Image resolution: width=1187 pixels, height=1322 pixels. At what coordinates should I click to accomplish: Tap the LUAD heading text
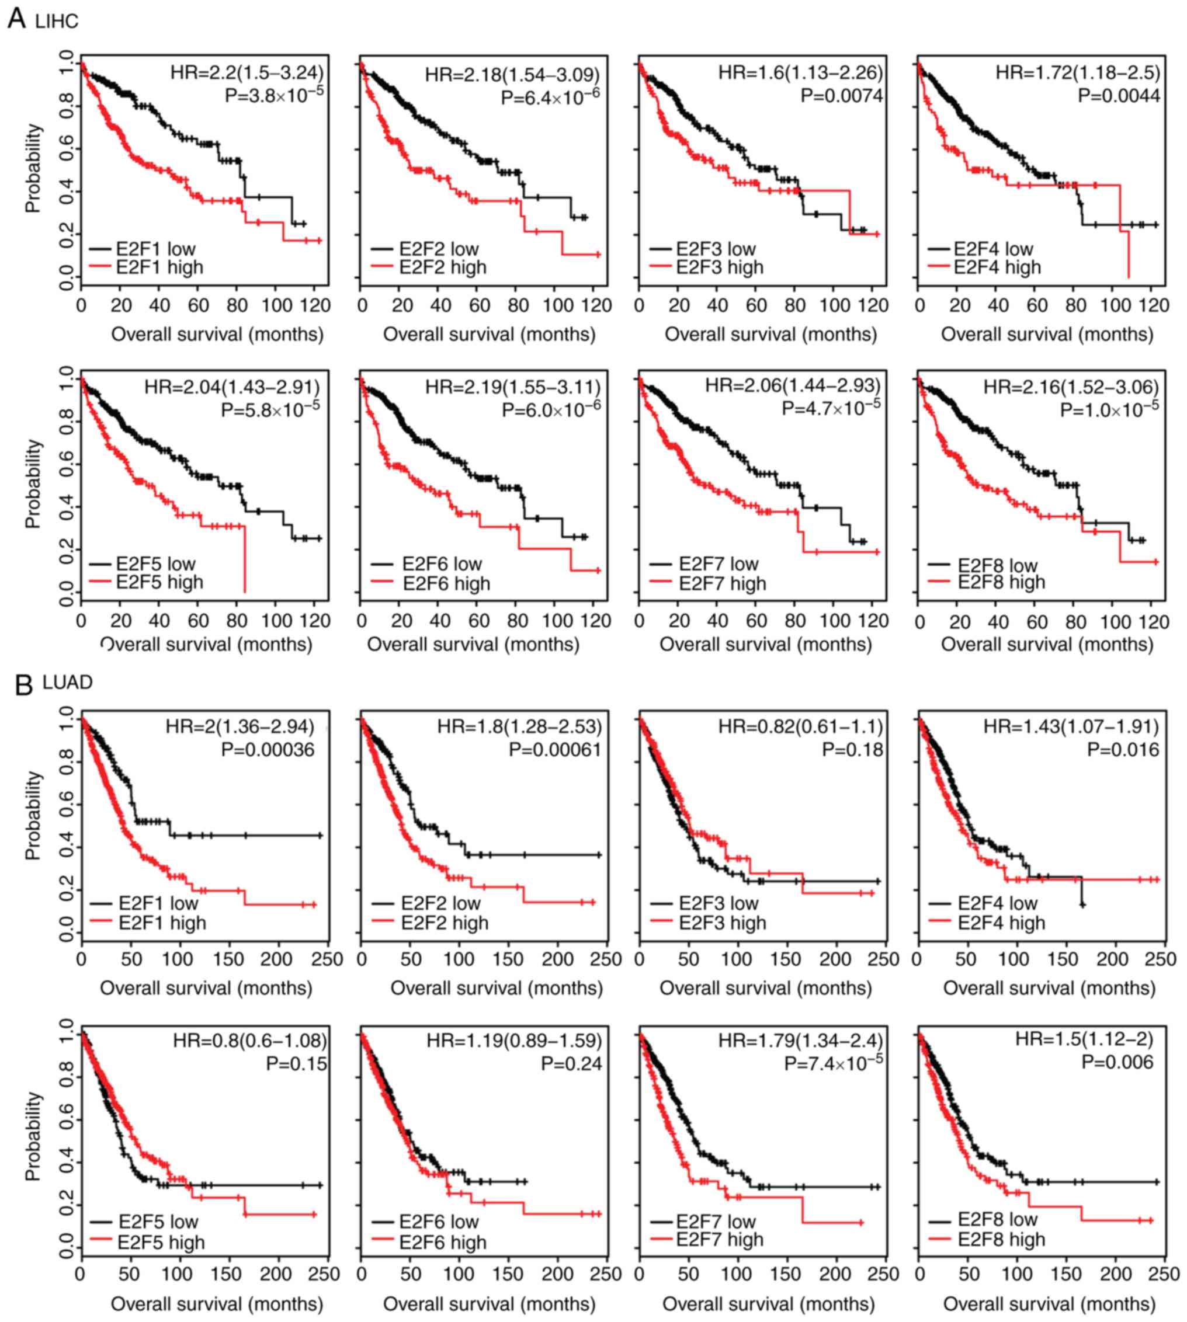68,683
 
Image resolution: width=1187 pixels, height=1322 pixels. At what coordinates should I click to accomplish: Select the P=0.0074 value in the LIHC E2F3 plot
842,96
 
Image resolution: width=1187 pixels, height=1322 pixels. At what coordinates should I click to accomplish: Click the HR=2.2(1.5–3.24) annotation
247,72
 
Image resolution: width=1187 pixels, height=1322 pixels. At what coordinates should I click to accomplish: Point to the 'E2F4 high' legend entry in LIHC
997,267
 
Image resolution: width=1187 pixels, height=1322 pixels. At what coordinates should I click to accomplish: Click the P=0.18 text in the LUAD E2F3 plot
852,750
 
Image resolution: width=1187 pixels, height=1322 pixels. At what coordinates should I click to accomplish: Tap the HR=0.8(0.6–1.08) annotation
250,1041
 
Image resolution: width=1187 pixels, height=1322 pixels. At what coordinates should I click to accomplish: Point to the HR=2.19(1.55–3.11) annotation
513,388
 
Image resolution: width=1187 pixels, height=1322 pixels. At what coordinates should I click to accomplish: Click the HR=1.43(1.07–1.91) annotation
1071,726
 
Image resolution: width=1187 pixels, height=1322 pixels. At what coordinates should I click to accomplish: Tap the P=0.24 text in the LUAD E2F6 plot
571,1064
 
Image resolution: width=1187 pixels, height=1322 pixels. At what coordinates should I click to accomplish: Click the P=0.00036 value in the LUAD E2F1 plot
268,750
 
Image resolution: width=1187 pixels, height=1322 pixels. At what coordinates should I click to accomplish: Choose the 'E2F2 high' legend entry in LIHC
443,267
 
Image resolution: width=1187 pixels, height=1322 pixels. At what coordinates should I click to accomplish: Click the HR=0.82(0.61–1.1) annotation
801,726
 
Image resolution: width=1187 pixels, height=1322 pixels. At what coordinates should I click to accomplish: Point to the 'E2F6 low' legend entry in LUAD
439,1221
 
